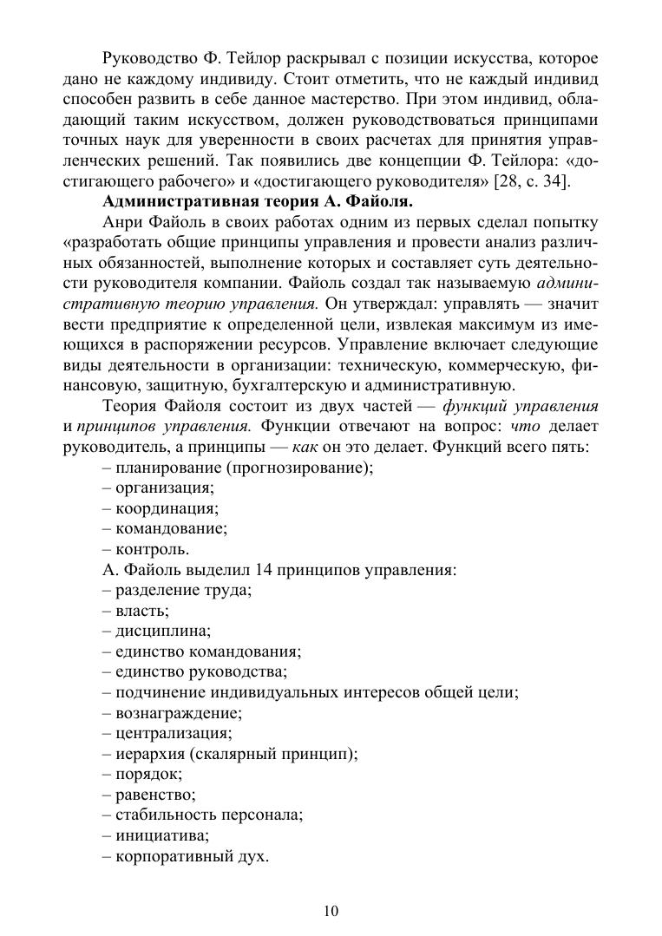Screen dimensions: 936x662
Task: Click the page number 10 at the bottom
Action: coord(331,911)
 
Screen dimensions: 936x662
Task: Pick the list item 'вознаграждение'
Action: coord(176,714)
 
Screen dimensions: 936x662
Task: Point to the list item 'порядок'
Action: coord(147,775)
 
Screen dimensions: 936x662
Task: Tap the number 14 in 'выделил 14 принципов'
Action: coord(266,570)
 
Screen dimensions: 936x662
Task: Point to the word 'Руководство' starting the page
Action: coord(144,59)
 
